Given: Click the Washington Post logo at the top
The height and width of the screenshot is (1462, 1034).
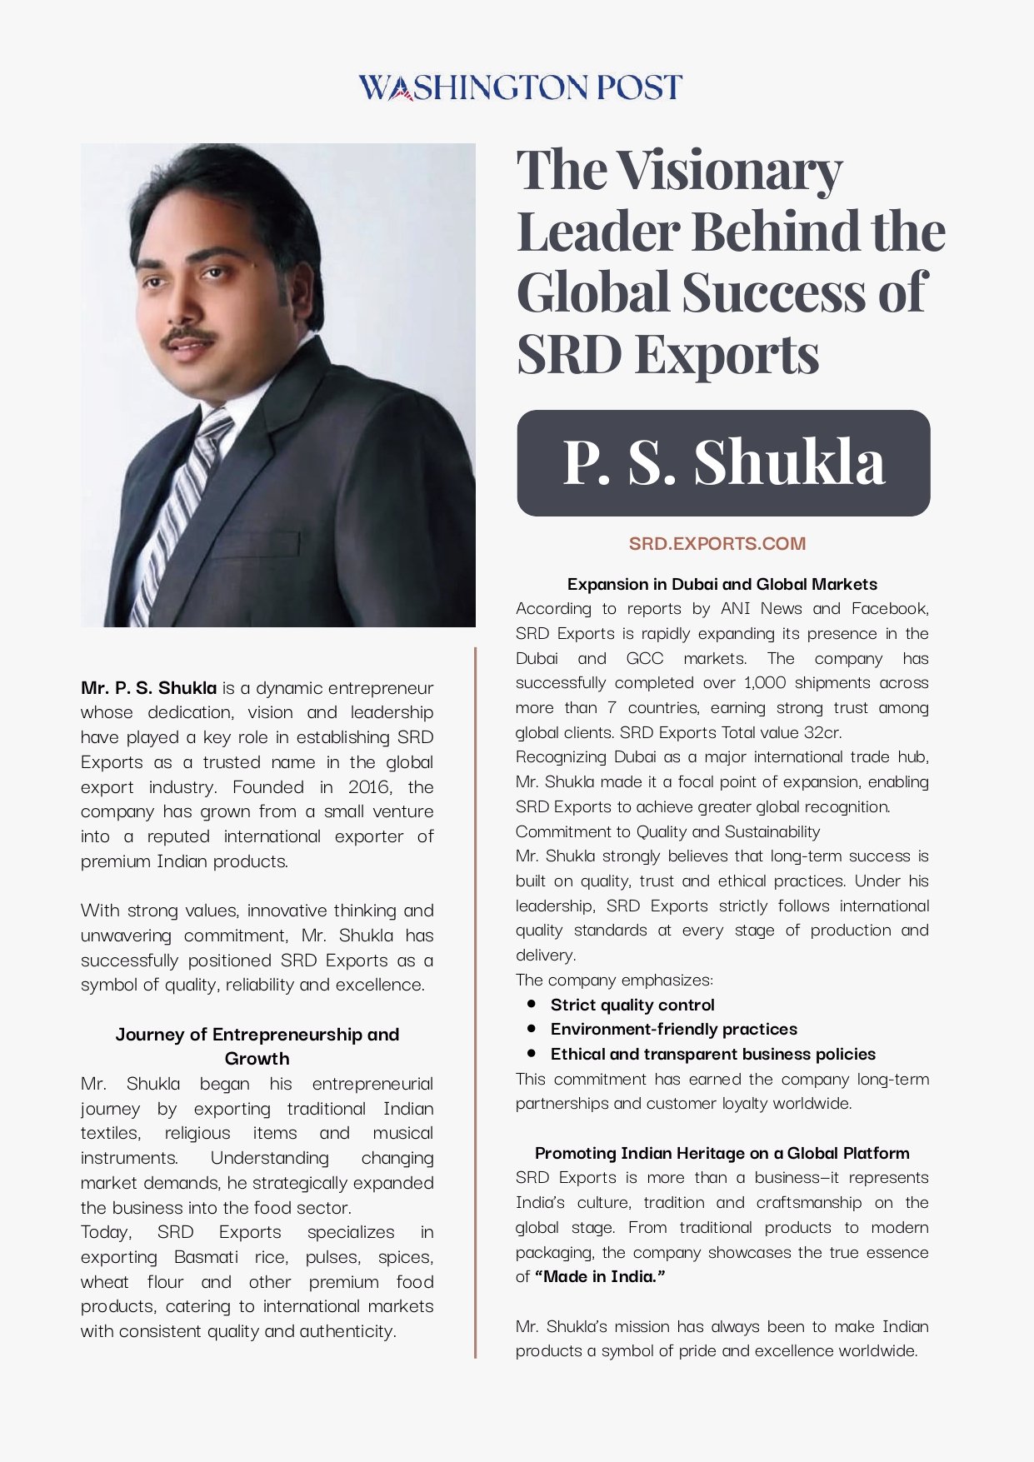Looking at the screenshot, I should point(520,87).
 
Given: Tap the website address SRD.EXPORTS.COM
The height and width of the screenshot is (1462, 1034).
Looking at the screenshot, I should point(717,544).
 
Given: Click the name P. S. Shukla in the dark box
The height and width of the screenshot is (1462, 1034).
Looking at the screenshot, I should point(723,462).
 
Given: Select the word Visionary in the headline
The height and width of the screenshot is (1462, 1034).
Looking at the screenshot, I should point(729,171).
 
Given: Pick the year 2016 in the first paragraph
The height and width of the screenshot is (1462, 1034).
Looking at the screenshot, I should point(369,787).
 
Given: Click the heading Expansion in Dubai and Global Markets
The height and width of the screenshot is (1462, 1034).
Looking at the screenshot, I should point(722,584).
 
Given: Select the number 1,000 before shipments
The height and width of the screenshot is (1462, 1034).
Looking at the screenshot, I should point(764,682).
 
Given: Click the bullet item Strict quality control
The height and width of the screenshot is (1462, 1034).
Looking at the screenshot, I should point(632,1005).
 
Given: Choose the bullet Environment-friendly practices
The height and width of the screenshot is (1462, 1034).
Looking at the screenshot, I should point(673,1029).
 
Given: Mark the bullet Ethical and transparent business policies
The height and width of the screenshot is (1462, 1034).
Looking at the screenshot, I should point(712,1054).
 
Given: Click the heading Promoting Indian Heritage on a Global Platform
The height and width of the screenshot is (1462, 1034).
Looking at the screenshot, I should point(722,1153).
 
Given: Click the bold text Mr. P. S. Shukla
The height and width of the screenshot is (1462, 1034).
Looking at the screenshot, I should point(148,688).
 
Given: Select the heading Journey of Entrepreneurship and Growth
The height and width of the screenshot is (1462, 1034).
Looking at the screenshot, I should point(257,1046).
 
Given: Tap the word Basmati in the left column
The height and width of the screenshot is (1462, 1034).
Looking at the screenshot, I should point(206,1256).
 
